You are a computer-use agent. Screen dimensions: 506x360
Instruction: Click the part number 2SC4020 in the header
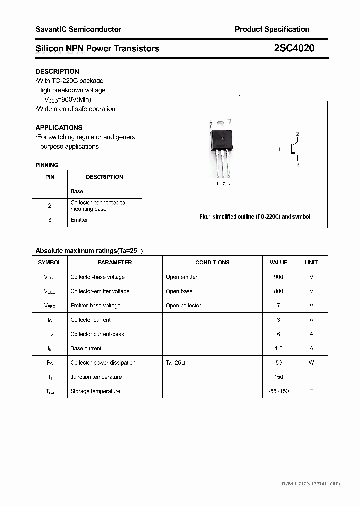(294, 48)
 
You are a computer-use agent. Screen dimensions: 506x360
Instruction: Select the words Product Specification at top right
(272, 29)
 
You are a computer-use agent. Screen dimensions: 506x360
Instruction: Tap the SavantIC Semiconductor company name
(78, 29)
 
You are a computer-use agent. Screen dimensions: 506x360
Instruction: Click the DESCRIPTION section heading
(57, 71)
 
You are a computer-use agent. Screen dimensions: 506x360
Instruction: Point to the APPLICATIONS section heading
(59, 127)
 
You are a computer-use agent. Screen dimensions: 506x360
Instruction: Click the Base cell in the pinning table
(77, 191)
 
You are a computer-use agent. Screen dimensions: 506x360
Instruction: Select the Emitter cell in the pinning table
(79, 220)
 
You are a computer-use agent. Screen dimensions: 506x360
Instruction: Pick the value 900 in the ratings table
(278, 277)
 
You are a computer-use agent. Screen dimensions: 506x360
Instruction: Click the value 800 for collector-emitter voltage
(278, 291)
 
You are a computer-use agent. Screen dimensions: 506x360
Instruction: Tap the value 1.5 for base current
(278, 348)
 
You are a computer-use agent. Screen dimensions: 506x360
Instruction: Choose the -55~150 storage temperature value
(278, 391)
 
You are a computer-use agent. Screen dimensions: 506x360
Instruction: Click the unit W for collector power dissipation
(311, 363)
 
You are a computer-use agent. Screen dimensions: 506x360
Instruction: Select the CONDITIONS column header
(212, 262)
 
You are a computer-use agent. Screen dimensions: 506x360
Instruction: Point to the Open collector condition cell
(183, 305)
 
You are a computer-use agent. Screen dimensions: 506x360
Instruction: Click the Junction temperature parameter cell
(96, 377)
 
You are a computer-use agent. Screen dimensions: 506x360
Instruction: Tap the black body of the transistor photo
(222, 139)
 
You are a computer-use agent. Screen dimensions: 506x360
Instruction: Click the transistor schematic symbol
(292, 149)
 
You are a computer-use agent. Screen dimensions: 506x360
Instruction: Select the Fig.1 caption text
(255, 217)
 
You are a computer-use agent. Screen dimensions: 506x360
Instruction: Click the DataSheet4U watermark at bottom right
(310, 484)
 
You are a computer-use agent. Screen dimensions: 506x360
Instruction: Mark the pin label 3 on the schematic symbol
(298, 164)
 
